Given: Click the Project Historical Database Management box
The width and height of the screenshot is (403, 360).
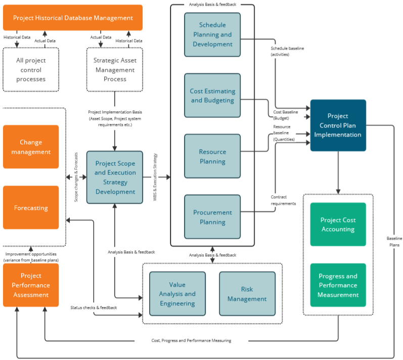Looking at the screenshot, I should coord(73,18).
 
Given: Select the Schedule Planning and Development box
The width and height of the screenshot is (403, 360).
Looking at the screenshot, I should coord(212,34).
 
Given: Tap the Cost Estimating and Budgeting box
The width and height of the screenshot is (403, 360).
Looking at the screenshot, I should coord(212,96).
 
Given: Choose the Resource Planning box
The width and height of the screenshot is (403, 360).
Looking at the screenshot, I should coord(212,156).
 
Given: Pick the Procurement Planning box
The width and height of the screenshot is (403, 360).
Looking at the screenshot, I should coord(212,217).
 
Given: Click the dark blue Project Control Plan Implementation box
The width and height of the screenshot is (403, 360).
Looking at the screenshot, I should coord(338,125).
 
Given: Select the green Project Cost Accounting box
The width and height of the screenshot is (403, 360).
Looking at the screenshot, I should coord(338,224).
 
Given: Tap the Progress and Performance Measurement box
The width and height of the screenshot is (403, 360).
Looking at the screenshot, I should coord(338,285).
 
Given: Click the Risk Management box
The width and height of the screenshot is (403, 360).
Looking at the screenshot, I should coord(247,294).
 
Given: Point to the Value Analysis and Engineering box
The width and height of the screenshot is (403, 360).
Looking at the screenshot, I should coord(177,294).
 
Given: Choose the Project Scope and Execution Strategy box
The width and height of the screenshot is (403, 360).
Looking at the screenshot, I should coord(115,177).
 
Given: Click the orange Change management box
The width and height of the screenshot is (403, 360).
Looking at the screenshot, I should coord(31,147).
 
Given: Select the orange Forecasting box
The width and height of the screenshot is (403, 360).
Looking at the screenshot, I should coord(31,207).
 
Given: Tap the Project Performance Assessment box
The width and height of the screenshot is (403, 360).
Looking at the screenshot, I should coord(31,285).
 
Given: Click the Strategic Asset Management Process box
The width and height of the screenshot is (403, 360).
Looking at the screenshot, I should coord(115,70).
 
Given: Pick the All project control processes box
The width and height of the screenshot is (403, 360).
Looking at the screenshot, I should coord(31,70).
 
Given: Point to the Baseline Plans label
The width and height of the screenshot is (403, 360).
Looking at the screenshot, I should coord(394,241).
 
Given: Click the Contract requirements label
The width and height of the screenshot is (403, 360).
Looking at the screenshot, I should coord(283,200).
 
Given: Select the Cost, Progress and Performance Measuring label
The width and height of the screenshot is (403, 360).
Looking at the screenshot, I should coord(198,340).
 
